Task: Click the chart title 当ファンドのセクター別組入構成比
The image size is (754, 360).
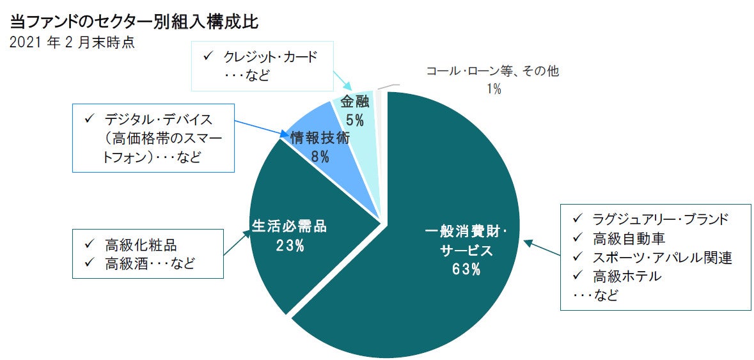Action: (x=134, y=22)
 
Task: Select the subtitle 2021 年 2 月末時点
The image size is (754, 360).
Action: (x=72, y=44)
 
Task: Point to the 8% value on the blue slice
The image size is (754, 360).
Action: (x=320, y=156)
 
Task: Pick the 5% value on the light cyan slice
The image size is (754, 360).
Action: (x=354, y=119)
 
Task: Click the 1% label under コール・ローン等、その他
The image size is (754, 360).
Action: (x=493, y=89)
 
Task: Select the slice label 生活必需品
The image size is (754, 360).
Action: (x=289, y=226)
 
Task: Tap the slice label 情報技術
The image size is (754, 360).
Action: (x=320, y=137)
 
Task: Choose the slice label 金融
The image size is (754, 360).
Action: (x=354, y=102)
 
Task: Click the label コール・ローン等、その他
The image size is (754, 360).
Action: (x=492, y=72)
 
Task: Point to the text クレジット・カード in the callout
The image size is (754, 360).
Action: (x=270, y=57)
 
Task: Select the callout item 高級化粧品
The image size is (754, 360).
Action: (x=140, y=245)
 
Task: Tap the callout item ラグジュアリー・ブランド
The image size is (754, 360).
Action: (x=660, y=219)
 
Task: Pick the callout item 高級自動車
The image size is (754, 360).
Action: (x=629, y=239)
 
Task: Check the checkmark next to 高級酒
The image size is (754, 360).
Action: (x=90, y=263)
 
